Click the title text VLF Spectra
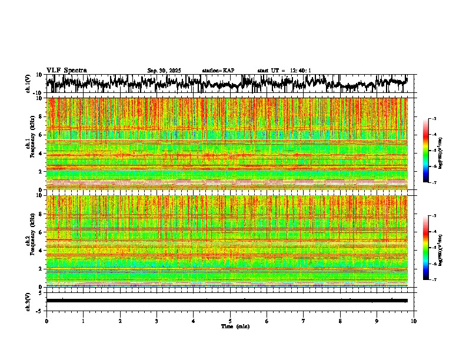point(66,70)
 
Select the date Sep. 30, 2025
point(164,71)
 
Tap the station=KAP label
point(218,71)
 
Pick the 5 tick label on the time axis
point(230,321)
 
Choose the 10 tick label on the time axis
point(414,321)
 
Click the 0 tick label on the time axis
point(46,321)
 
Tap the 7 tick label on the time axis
point(304,321)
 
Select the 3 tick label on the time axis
point(157,321)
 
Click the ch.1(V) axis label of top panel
point(28,84)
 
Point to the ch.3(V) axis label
point(28,300)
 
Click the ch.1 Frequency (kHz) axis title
point(29,144)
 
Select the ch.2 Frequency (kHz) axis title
point(29,241)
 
